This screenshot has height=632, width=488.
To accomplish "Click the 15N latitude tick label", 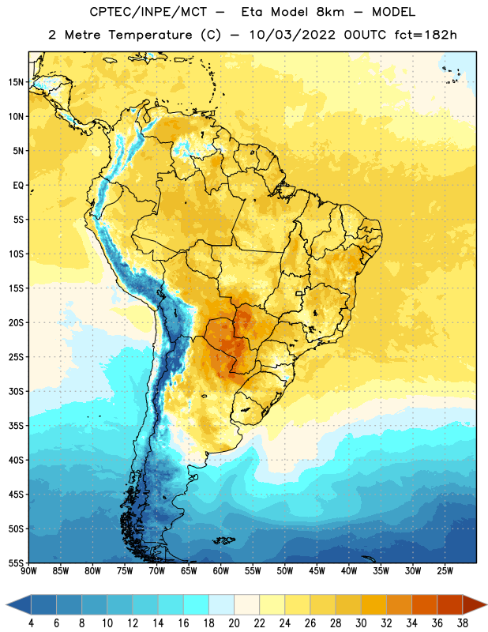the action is tap(16, 82).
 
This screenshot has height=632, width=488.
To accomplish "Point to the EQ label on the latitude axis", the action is tap(18, 186).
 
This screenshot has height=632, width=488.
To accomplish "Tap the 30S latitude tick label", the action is tap(16, 391).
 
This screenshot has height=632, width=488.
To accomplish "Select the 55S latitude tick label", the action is tap(16, 563).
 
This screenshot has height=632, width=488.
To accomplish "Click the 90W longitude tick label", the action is tap(29, 571).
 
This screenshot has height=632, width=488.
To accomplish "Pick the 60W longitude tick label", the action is tap(221, 571).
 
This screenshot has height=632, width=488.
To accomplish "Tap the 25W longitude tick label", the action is tap(445, 571).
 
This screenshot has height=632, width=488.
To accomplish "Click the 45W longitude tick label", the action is tap(317, 571).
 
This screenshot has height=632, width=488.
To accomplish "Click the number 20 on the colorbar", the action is tap(234, 623).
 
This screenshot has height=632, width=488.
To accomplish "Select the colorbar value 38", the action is tap(462, 623).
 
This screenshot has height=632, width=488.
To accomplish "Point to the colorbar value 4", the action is tap(31, 623).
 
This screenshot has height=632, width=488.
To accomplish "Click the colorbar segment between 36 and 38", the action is tap(450, 604).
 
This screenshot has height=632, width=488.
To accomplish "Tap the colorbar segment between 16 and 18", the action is tap(197, 604).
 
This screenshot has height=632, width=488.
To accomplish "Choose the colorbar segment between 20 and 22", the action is tap(247, 604).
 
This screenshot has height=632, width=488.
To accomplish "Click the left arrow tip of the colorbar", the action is tap(6, 604).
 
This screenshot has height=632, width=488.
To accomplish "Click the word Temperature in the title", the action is tap(150, 35).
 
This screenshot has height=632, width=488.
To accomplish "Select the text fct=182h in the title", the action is tap(426, 35).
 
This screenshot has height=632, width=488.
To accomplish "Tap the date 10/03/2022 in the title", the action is tap(292, 35).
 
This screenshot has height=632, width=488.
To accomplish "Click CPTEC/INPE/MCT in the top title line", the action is tap(148, 12).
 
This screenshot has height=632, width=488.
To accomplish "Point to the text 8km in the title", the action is tap(330, 12).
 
